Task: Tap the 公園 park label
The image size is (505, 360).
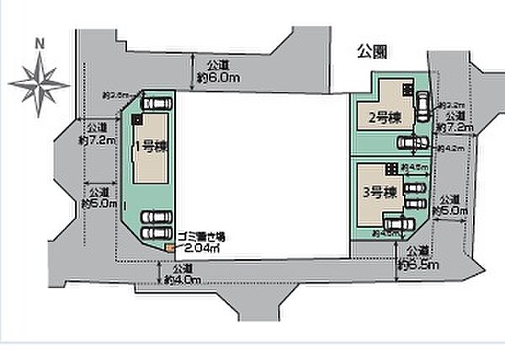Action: point(371,51)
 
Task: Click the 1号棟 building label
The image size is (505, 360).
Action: point(151,147)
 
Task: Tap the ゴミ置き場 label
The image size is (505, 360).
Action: point(200,238)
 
